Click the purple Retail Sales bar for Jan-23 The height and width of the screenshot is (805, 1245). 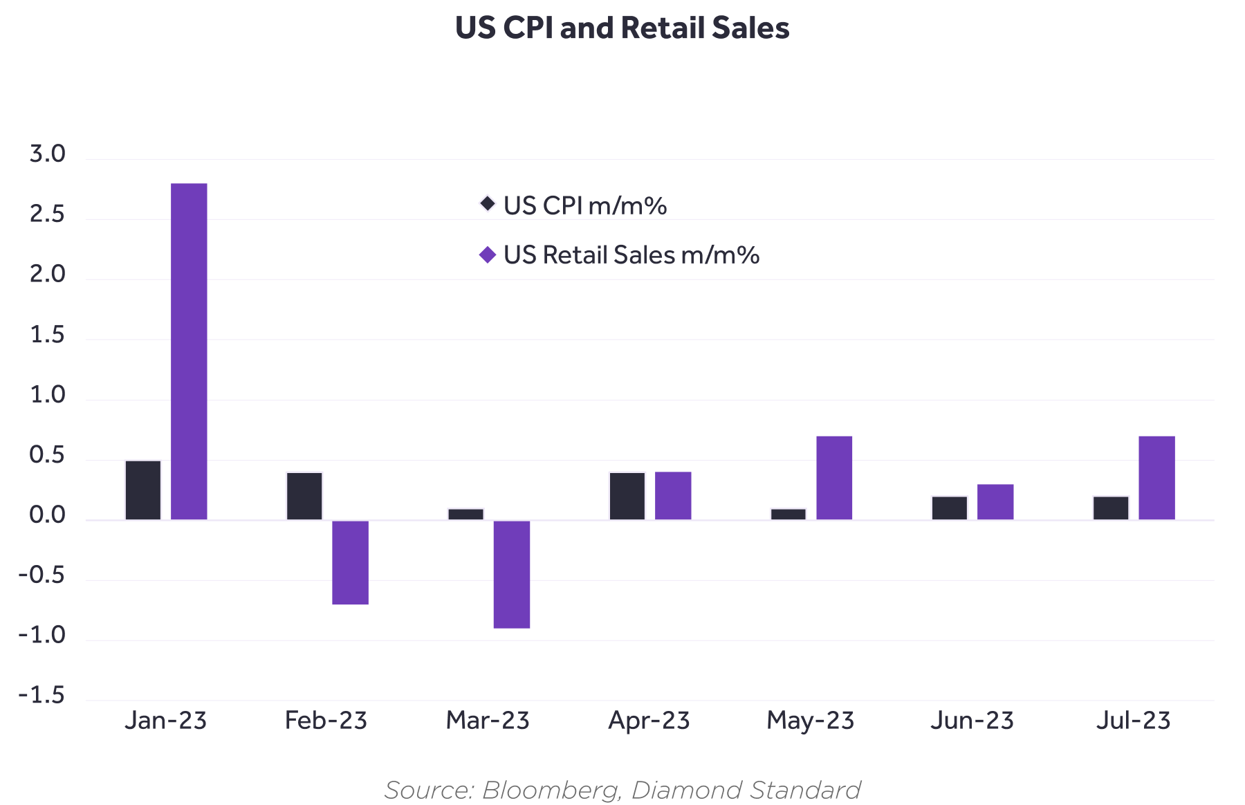(189, 351)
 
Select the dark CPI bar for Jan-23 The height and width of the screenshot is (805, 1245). (143, 490)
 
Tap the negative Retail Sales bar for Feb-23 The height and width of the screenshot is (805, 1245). (350, 562)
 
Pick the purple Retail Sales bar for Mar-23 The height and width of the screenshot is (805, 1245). (512, 574)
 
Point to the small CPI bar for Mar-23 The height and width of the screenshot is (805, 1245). (465, 515)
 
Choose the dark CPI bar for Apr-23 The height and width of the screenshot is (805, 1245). (627, 496)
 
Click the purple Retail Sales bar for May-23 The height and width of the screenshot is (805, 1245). (834, 478)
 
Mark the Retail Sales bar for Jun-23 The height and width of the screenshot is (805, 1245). (995, 502)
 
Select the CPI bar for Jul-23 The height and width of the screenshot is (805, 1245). (1111, 508)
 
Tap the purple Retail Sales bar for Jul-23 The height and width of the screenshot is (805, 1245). (1156, 478)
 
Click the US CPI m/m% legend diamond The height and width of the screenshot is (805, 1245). (488, 204)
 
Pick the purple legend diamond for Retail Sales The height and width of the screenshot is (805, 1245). (488, 255)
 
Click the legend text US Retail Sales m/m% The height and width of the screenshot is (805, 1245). (631, 255)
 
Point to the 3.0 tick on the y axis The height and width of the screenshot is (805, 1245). (47, 154)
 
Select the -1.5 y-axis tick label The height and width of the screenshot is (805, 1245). (41, 695)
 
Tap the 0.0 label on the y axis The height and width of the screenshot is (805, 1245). (47, 515)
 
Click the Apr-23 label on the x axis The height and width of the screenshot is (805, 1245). (649, 721)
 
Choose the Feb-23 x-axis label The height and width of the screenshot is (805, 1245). (326, 721)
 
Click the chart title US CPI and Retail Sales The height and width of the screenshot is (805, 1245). (622, 28)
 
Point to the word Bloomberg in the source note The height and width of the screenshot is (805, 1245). (551, 790)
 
